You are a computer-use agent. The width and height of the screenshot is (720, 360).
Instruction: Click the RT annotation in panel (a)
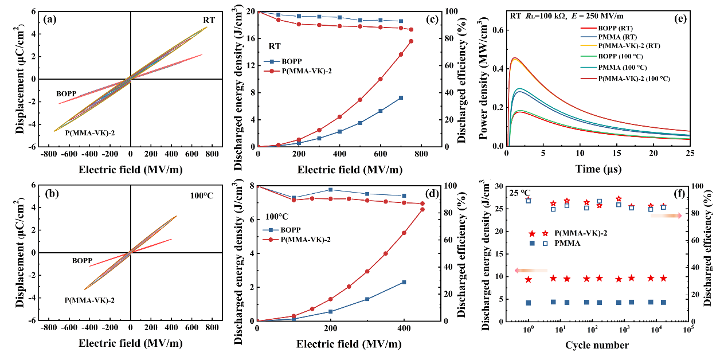click(x=209, y=20)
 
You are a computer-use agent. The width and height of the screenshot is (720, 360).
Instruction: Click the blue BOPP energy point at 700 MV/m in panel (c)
click(x=401, y=97)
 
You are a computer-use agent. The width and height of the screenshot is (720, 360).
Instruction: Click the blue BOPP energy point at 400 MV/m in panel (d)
click(x=404, y=282)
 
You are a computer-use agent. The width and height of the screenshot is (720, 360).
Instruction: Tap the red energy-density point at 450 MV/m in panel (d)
click(x=422, y=209)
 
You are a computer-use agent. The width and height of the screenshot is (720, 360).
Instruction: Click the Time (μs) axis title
click(x=598, y=170)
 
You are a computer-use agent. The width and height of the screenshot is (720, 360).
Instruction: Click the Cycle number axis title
click(x=597, y=345)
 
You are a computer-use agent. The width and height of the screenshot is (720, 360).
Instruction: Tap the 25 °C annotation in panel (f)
click(x=521, y=193)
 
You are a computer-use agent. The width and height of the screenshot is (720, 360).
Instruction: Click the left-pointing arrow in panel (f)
click(x=531, y=270)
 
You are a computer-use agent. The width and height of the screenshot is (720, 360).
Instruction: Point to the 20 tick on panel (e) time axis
click(x=654, y=155)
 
